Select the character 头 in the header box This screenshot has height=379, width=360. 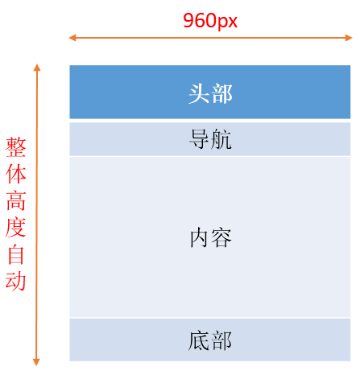(199, 93)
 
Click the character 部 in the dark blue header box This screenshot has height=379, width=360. (221, 93)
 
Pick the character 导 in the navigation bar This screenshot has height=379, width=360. (199, 139)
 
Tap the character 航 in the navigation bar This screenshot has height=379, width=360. (221, 139)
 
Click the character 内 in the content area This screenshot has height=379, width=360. (199, 237)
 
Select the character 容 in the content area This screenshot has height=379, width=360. (221, 237)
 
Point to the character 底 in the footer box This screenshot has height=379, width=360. (199, 340)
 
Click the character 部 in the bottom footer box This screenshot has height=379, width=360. (221, 340)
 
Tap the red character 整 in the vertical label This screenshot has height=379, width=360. (16, 147)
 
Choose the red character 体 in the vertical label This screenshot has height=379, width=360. (16, 174)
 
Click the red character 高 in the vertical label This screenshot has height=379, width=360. (16, 200)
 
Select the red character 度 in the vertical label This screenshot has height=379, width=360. (16, 227)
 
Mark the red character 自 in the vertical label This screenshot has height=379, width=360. (16, 254)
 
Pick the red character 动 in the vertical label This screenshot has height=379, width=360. (16, 281)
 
